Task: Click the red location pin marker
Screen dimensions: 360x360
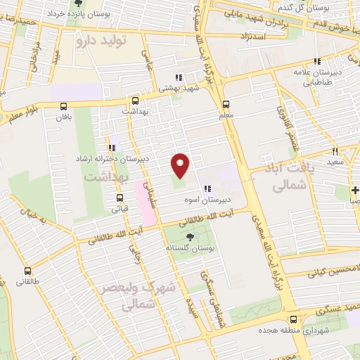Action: click(181, 165)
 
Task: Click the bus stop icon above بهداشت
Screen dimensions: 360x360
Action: click(134, 101)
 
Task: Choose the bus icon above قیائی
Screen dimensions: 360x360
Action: click(115, 198)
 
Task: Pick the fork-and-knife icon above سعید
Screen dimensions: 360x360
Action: click(335, 150)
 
